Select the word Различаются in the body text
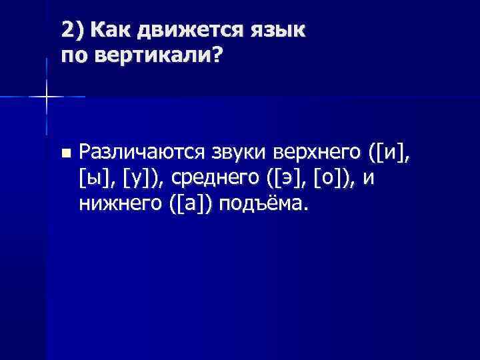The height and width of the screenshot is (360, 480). click(141, 153)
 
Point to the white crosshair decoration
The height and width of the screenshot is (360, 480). click(46, 97)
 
